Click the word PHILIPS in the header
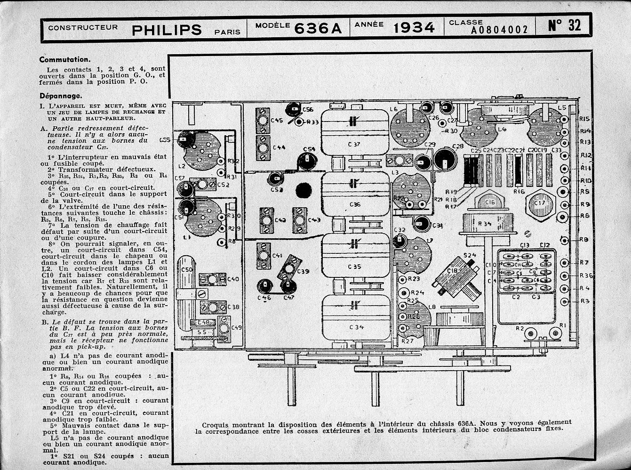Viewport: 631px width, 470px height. [167, 30]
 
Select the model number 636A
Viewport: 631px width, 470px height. [318, 29]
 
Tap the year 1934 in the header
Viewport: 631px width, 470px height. [414, 28]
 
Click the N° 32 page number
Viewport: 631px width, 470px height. [565, 25]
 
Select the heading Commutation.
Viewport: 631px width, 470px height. [64, 60]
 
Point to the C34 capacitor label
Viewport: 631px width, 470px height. [356, 327]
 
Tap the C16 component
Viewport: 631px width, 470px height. [489, 202]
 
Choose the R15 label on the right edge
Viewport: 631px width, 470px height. [585, 119]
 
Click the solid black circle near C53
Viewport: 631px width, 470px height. [304, 191]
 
